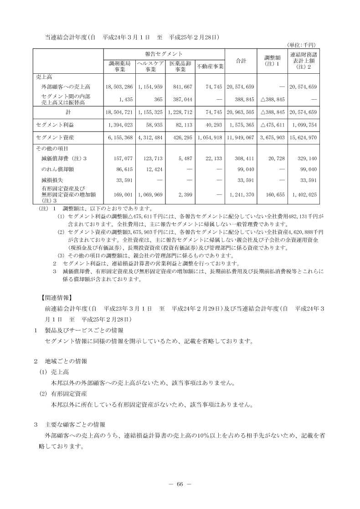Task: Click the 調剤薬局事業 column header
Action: pyautogui.click(x=120, y=66)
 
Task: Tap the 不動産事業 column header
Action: pyautogui.click(x=210, y=66)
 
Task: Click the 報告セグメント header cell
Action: pyautogui.click(x=165, y=54)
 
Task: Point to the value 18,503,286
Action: pyautogui.click(x=119, y=87)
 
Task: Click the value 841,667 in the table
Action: pyautogui.click(x=181, y=87)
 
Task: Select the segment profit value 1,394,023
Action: pyautogui.click(x=119, y=124)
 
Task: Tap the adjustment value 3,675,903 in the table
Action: pyautogui.click(x=273, y=137)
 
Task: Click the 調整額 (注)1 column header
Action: pyautogui.click(x=273, y=61)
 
